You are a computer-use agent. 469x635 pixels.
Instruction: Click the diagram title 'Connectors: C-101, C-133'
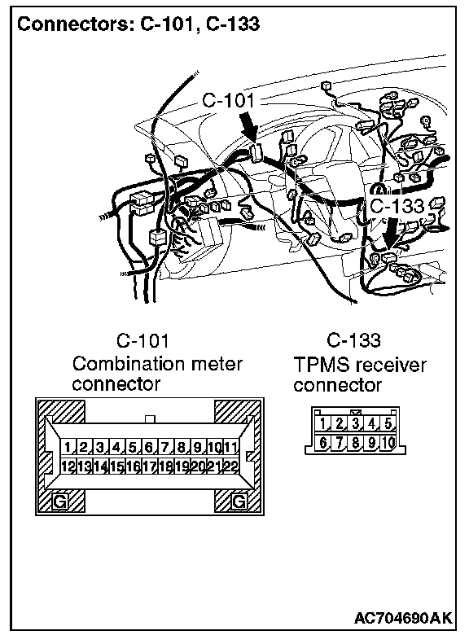coord(138,24)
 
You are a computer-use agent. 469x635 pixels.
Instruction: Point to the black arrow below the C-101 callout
coord(248,126)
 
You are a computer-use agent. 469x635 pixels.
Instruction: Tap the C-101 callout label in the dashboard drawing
coord(229,100)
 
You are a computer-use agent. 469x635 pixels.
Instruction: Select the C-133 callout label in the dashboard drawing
coord(397,206)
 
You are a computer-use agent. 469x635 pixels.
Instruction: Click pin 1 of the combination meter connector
coord(68,448)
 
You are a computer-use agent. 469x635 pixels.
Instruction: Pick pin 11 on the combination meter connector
coord(231,448)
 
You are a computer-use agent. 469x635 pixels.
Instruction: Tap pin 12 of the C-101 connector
coord(68,466)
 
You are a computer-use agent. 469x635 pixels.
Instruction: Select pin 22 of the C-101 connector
coord(231,466)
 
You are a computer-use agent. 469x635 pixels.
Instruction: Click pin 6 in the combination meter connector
coord(149,448)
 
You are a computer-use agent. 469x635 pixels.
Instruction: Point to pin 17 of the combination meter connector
coord(150,466)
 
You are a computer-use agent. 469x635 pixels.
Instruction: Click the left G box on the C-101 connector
coord(60,501)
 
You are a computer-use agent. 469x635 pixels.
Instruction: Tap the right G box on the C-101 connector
coord(239,501)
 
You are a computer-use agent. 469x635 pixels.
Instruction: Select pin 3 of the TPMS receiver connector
coord(356,423)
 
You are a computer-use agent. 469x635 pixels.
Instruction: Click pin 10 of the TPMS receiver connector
coord(388,443)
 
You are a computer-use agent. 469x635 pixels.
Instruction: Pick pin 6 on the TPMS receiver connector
coord(322,443)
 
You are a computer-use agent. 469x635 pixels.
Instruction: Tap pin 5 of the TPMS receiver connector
coord(388,423)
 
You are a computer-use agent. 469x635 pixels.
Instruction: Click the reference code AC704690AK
coord(403,618)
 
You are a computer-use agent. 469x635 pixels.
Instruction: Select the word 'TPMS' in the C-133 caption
coord(321,365)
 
